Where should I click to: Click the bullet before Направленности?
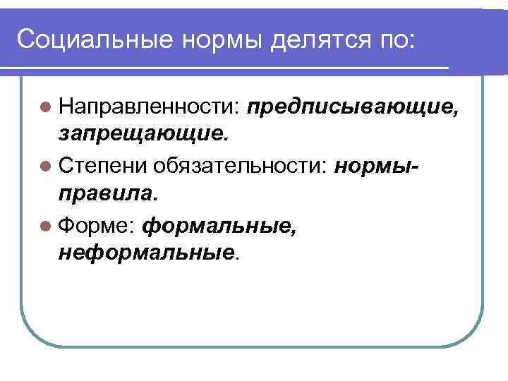pos(46,107)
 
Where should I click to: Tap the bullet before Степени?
pos(46,166)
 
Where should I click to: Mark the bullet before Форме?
pos(46,225)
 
